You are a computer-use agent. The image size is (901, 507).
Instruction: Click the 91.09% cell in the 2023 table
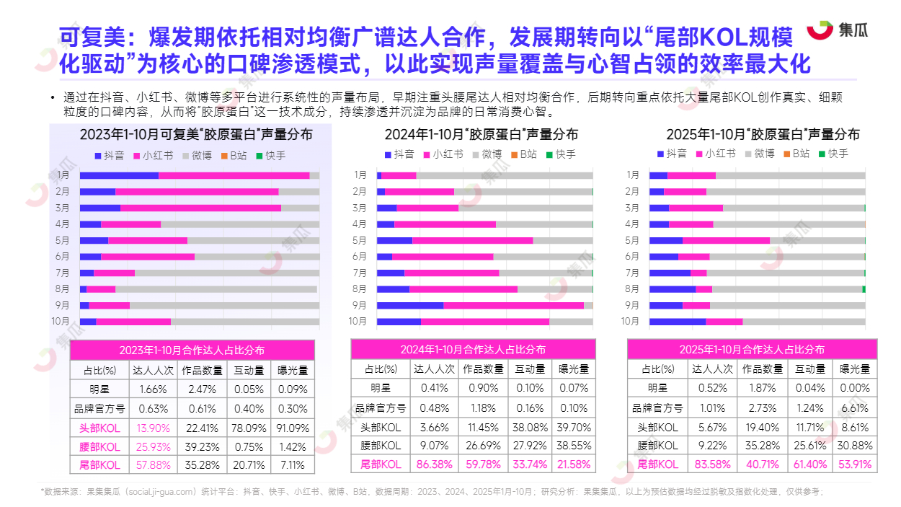tap(293, 428)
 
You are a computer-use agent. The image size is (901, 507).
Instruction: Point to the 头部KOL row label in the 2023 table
tap(99, 428)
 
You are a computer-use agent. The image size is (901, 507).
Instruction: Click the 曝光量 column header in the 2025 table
tap(856, 369)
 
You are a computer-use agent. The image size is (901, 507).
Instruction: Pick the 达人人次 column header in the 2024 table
tap(434, 369)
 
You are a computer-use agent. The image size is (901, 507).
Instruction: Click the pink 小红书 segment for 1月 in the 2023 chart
tap(234, 175)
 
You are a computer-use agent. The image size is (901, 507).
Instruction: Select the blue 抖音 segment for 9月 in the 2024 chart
tap(409, 305)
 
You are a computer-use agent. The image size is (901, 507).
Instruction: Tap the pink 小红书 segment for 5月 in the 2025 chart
tap(726, 240)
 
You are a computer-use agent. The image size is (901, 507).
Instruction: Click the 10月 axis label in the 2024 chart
tap(358, 322)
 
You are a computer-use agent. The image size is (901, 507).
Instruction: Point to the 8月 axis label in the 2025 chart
tap(632, 289)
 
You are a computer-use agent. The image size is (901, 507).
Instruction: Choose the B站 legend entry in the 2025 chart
tap(796, 154)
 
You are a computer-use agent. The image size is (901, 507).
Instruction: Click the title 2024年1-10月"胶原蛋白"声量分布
tap(481, 135)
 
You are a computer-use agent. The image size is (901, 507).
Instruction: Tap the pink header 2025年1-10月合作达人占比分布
tap(752, 349)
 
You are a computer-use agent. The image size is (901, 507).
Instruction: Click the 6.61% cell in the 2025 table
tap(856, 407)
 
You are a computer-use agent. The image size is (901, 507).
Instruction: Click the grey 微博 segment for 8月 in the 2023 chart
tap(216, 289)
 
